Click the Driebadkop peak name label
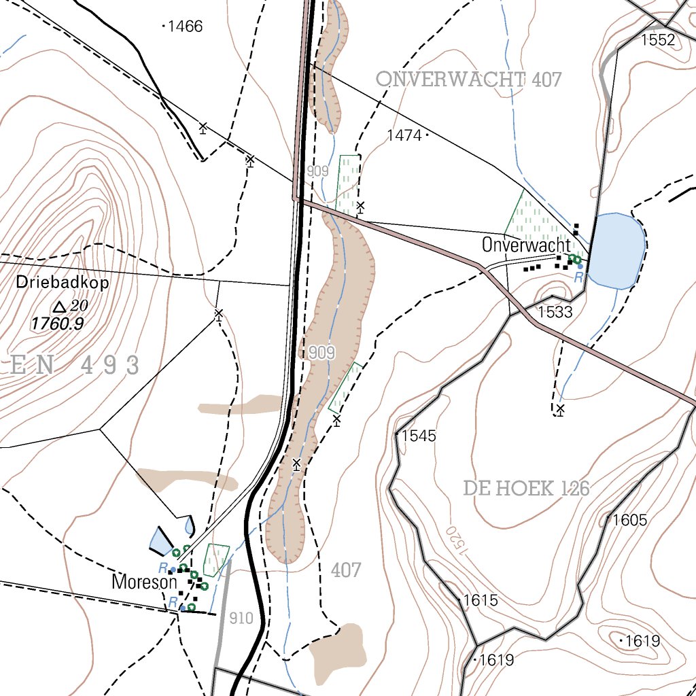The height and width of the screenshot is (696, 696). [63, 283]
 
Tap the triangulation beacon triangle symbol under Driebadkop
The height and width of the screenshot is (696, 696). [60, 307]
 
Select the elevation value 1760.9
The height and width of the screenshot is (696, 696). [57, 324]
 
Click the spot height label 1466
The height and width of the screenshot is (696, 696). [185, 27]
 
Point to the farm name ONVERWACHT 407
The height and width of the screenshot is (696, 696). [469, 80]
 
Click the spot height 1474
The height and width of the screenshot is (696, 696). [404, 135]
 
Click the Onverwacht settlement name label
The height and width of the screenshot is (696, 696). [526, 245]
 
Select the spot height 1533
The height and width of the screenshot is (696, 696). [555, 313]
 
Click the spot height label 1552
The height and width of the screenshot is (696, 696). [658, 40]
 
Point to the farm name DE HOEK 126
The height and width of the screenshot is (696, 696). [526, 488]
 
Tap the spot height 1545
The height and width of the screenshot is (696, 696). [418, 436]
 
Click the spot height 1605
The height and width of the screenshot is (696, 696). [629, 521]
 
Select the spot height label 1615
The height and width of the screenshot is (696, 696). [480, 601]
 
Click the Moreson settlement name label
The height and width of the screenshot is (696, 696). [144, 582]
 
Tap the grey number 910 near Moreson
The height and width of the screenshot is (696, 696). [241, 619]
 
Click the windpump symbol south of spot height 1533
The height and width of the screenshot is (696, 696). [560, 409]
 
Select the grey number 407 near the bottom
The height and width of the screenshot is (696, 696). [346, 570]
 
